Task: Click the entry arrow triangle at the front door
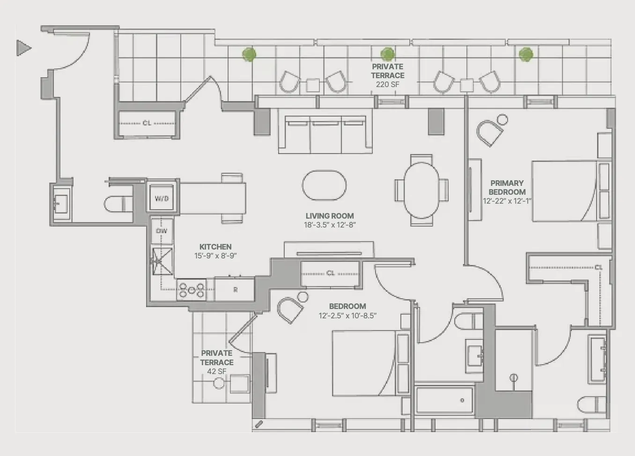(23, 48)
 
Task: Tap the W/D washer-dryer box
(162, 199)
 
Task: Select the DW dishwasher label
(162, 231)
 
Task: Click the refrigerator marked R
(235, 290)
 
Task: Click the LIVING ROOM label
(330, 216)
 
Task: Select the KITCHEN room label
(215, 247)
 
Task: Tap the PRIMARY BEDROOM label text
(507, 187)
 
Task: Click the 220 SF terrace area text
(387, 85)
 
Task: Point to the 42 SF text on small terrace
(216, 371)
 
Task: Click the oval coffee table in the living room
(325, 185)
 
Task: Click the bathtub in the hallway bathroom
(444, 400)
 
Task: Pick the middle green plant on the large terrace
(387, 54)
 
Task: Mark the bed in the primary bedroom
(564, 191)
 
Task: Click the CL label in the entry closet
(147, 123)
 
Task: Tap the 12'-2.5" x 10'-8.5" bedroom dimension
(347, 316)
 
